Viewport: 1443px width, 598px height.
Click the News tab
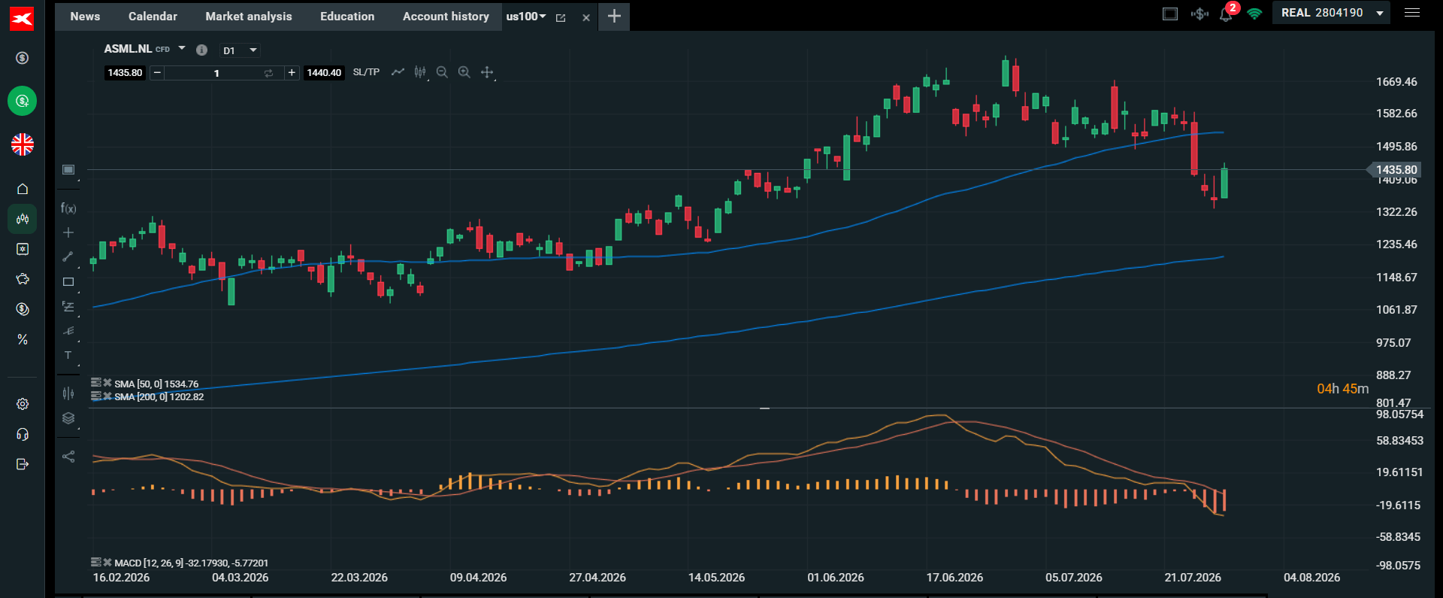(x=85, y=17)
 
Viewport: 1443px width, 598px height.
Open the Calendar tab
(x=153, y=17)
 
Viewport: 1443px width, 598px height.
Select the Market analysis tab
(x=249, y=17)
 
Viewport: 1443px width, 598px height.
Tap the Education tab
(x=347, y=17)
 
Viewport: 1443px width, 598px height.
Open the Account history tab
(x=446, y=17)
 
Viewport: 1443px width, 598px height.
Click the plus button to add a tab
(x=614, y=16)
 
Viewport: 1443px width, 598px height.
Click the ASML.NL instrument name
(x=128, y=49)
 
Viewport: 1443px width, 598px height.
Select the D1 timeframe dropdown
(x=240, y=50)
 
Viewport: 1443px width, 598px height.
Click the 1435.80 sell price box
(x=125, y=73)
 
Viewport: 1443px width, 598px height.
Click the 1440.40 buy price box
(x=324, y=73)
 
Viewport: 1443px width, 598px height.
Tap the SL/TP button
(x=366, y=72)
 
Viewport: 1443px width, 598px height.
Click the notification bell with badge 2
(x=1227, y=13)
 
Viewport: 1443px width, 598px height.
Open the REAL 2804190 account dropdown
(x=1330, y=13)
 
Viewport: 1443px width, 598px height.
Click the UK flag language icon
(x=23, y=144)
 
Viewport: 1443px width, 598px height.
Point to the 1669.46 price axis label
(x=1396, y=82)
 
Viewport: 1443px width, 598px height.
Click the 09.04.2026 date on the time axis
(x=478, y=578)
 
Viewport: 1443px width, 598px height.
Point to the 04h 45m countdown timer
(x=1342, y=389)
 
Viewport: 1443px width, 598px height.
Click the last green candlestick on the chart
(x=1224, y=183)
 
